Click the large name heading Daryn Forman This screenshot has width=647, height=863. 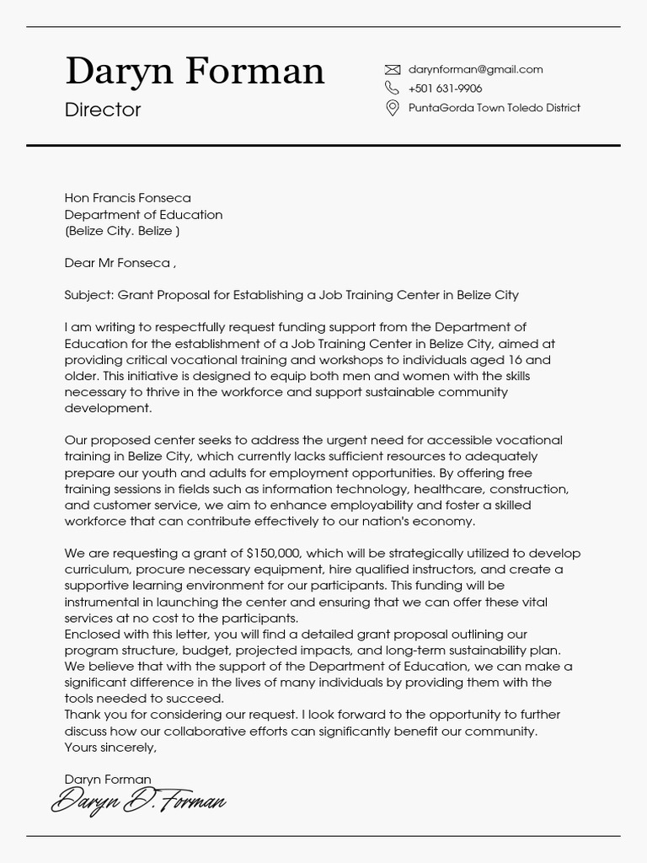pyautogui.click(x=195, y=71)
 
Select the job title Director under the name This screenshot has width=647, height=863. pyautogui.click(x=103, y=110)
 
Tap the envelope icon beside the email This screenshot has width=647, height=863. pyautogui.click(x=392, y=70)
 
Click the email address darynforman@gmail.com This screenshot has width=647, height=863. pyautogui.click(x=475, y=70)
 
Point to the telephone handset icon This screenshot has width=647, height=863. pyautogui.click(x=392, y=88)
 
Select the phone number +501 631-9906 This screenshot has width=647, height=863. pyautogui.click(x=445, y=88)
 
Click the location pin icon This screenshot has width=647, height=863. pyautogui.click(x=392, y=108)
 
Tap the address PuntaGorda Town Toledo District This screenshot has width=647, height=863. pyautogui.click(x=494, y=108)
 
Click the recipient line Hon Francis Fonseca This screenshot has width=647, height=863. pyautogui.click(x=128, y=198)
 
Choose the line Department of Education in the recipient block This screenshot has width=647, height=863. pyautogui.click(x=143, y=214)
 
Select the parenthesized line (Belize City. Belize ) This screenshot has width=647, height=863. pyautogui.click(x=122, y=230)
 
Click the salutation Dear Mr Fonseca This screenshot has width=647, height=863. pyautogui.click(x=118, y=263)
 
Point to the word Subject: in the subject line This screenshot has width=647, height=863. pyautogui.click(x=89, y=295)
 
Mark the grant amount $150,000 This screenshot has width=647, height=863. pyautogui.click(x=273, y=554)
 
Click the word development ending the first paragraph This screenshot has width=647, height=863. pyautogui.click(x=107, y=408)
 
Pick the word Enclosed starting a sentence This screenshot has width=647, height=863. pyautogui.click(x=93, y=634)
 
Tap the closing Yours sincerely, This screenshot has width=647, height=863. pyautogui.click(x=110, y=747)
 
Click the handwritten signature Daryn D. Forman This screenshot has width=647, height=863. pyautogui.click(x=138, y=801)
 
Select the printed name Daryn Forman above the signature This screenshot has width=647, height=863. pyautogui.click(x=108, y=780)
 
